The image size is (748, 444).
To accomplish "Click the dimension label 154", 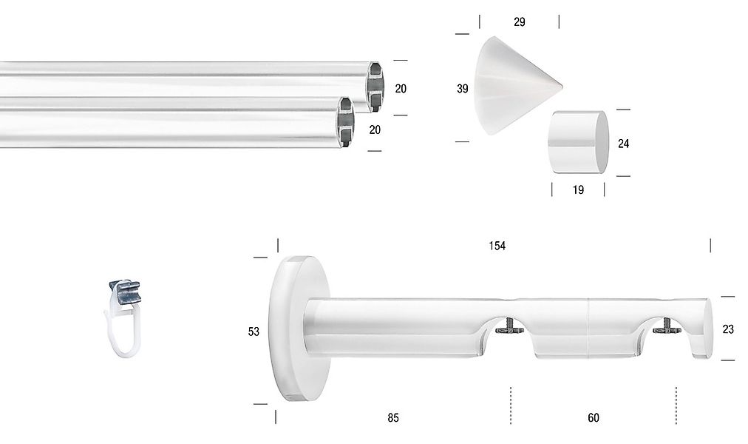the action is pyautogui.click(x=497, y=246).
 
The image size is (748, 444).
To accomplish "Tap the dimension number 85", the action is pyautogui.click(x=392, y=418).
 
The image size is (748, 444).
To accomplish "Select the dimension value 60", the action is pyautogui.click(x=593, y=418).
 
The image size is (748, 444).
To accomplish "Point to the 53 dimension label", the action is pyautogui.click(x=254, y=332).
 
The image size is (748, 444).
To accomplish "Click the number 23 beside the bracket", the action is pyautogui.click(x=728, y=329).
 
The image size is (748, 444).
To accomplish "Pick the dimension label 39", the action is pyautogui.click(x=462, y=88).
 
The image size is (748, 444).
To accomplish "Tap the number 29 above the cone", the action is pyautogui.click(x=520, y=22).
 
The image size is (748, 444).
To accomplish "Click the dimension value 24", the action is pyautogui.click(x=623, y=144).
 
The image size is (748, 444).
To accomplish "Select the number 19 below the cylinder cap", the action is pyautogui.click(x=578, y=190).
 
